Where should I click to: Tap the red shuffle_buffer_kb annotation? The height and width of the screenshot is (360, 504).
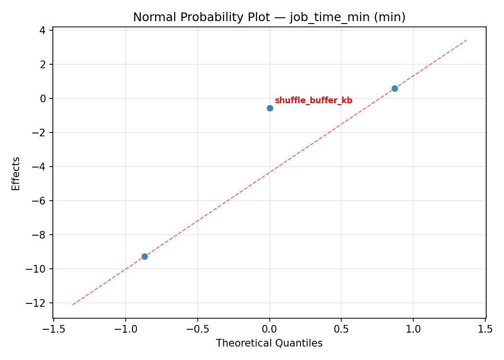[x=313, y=100]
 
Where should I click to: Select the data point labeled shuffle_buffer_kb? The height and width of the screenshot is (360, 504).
[x=270, y=108]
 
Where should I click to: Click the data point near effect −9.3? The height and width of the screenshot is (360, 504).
[x=144, y=256]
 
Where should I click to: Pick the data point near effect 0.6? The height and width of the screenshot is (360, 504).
[x=395, y=88]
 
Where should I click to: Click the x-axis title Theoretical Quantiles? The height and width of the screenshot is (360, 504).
[x=269, y=343]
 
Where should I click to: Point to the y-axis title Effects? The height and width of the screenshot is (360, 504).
[x=16, y=173]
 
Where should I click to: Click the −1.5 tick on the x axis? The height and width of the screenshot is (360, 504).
[x=53, y=329]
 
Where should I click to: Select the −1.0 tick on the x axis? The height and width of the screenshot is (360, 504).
[x=125, y=329]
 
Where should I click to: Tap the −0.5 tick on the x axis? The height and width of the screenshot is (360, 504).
[x=197, y=329]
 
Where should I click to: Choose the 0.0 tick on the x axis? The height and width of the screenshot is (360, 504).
[x=269, y=329]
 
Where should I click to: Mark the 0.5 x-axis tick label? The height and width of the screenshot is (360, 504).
[x=341, y=329]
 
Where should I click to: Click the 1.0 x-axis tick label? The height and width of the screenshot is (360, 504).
[x=413, y=329]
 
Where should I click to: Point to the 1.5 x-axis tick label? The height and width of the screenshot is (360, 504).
[x=485, y=329]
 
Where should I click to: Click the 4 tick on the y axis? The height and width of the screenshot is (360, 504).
[x=43, y=30]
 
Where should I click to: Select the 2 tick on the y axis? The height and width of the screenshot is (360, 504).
[x=43, y=64]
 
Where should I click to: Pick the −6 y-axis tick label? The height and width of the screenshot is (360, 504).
[x=40, y=201]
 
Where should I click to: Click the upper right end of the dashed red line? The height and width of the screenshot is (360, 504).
[x=467, y=40]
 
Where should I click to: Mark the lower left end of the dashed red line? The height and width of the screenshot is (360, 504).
[x=72, y=304]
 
